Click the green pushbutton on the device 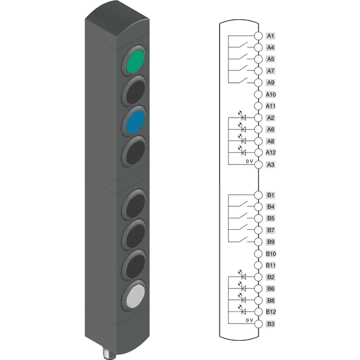[x=136, y=62]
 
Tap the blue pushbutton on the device [x=136, y=122]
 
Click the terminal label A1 [x=271, y=36]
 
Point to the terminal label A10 [x=271, y=94]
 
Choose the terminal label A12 [x=271, y=152]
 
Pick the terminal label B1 [x=271, y=195]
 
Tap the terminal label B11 [x=271, y=265]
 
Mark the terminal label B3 [x=271, y=324]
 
